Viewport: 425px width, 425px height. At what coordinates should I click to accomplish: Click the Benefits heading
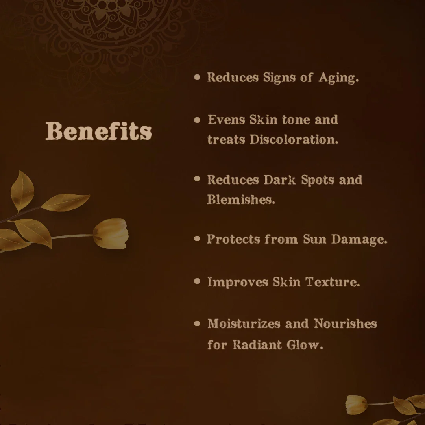point(98,131)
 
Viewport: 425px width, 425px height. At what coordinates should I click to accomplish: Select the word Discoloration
point(294,140)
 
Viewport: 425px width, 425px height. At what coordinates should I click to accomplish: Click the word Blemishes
point(241,200)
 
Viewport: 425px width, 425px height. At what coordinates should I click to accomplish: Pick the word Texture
point(333,282)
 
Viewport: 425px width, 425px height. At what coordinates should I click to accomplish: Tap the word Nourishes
point(345,324)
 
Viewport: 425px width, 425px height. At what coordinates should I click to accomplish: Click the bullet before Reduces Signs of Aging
point(198,77)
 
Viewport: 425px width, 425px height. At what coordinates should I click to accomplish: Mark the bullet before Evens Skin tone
point(198,120)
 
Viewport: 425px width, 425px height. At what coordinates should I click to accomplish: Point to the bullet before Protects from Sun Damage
point(198,239)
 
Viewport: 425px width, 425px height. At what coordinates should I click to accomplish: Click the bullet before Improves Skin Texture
point(198,282)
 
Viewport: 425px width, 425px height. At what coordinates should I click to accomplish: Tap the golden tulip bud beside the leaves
point(111,234)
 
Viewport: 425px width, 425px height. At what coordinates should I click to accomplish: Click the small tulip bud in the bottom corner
point(356,405)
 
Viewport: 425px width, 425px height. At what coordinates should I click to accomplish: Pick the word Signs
point(279,78)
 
